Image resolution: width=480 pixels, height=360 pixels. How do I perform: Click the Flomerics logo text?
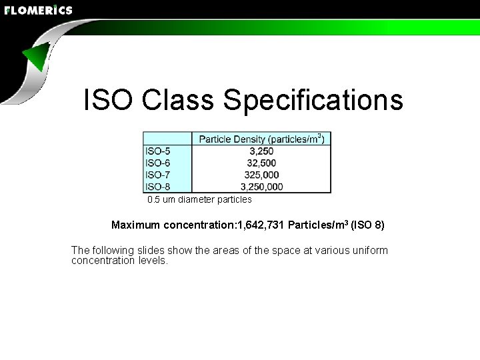pyautogui.click(x=37, y=10)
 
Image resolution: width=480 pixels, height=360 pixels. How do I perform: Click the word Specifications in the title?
pyautogui.click(x=313, y=100)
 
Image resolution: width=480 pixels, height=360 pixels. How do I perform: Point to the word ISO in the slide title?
pyautogui.click(x=108, y=100)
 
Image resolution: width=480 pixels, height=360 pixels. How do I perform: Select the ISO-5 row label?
pyautogui.click(x=157, y=151)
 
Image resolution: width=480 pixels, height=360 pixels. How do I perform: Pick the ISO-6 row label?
pyautogui.click(x=157, y=163)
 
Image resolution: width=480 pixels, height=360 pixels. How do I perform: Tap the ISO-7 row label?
pyautogui.click(x=157, y=175)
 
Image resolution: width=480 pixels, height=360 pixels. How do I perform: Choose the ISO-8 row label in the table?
pyautogui.click(x=157, y=187)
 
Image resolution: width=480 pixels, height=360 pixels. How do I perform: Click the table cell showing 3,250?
pyautogui.click(x=261, y=151)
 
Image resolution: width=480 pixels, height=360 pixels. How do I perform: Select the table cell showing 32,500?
pyautogui.click(x=261, y=163)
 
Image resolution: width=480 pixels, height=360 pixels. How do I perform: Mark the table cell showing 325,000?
pyautogui.click(x=261, y=175)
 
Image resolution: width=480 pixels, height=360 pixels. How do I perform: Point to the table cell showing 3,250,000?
pyautogui.click(x=261, y=187)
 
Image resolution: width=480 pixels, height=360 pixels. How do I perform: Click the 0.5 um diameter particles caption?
pyautogui.click(x=199, y=199)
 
